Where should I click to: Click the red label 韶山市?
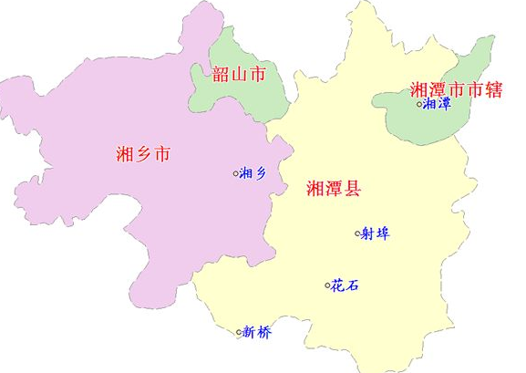(x=238, y=75)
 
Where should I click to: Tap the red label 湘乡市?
(x=144, y=153)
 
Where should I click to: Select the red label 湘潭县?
(x=334, y=189)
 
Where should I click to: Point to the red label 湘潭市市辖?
(x=457, y=89)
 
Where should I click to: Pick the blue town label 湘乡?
(x=253, y=173)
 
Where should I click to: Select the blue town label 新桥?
(x=257, y=332)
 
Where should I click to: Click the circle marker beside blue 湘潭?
(x=420, y=104)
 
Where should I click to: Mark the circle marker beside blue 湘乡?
(x=235, y=173)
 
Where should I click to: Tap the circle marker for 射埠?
(x=357, y=233)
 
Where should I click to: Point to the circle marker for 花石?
(x=327, y=285)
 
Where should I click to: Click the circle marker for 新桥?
(x=240, y=332)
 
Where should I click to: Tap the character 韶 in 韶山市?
(x=220, y=75)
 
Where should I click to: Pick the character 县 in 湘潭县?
(x=352, y=189)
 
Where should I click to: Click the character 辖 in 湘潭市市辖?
(x=493, y=89)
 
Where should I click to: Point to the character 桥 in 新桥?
(x=264, y=332)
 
